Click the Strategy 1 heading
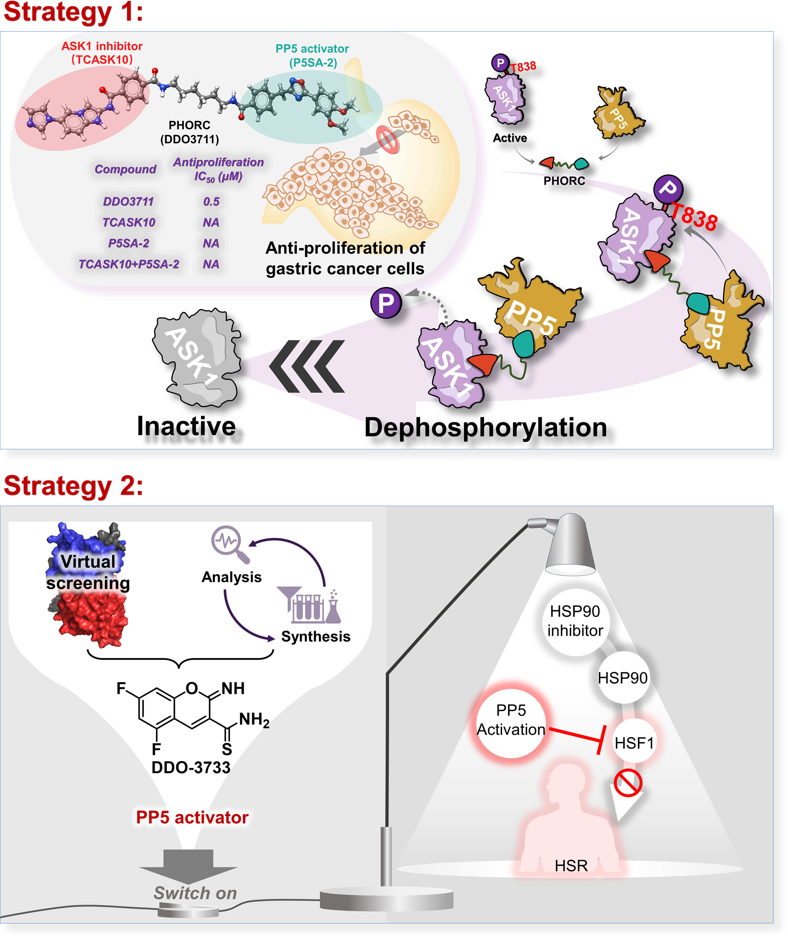point(73,12)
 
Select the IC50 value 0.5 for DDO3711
point(211,201)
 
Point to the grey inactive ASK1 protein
point(197,358)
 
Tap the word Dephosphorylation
point(486,427)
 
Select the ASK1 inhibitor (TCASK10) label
point(102,52)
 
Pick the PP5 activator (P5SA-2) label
point(312,55)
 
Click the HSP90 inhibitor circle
point(576,621)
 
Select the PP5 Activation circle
point(511,720)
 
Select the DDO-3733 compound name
point(191,767)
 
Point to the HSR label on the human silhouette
point(571,865)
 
